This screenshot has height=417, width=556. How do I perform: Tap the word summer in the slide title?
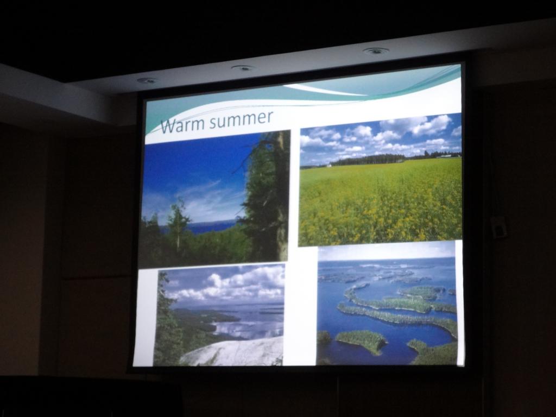coord(241,118)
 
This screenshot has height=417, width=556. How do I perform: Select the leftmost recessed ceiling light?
coord(147,80)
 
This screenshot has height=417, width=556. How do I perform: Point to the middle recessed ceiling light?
coord(243,68)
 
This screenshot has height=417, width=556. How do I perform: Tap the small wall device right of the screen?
coord(498,227)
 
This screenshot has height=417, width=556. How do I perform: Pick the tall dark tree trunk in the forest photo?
coord(282,195)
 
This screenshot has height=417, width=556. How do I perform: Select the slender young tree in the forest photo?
coord(176,223)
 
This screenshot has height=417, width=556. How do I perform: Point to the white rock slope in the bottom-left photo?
coord(234,352)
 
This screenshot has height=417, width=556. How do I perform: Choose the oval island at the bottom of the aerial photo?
coord(361,341)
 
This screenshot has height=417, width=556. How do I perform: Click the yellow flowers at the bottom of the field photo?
coord(380,223)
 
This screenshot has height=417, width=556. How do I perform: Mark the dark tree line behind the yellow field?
coord(369,160)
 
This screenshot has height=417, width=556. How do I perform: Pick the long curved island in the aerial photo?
coord(397,317)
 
